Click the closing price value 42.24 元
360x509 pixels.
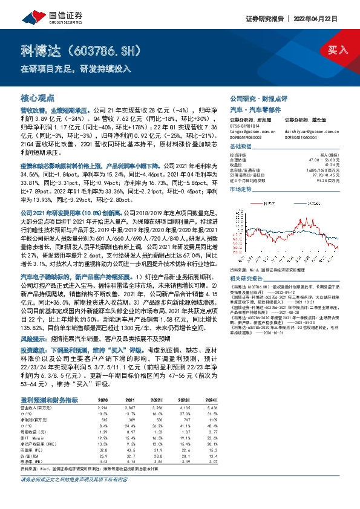[327, 166]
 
